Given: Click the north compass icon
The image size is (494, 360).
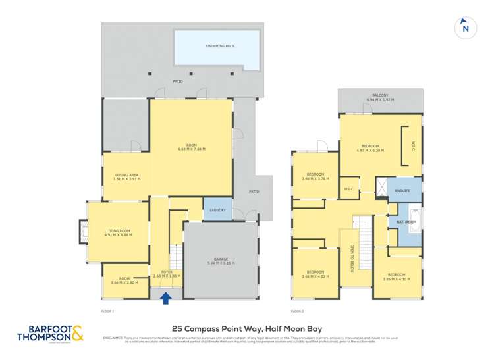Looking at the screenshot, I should pos(466,28).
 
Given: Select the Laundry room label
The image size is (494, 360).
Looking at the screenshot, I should pos(217,211).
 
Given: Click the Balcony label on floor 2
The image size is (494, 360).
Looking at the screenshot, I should pos(380,95).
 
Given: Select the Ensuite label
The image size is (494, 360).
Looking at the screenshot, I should pos(402,190).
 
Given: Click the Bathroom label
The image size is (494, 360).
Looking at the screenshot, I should pos(406,222).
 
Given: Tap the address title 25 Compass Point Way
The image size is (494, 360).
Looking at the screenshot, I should pos(246,328).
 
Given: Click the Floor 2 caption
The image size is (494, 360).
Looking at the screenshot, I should pos(298,311).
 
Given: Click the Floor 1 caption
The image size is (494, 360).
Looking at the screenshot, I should pos(108,311).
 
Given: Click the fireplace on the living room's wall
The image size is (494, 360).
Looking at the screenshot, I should pos(82,230).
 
